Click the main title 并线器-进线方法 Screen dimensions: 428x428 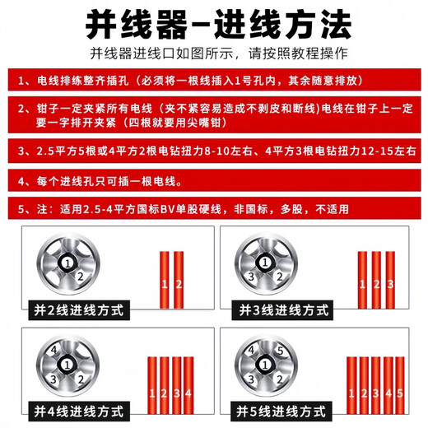[x=214, y=25]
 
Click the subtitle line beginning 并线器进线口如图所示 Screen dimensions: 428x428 [x=214, y=55]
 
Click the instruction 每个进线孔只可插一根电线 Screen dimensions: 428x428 [x=214, y=179]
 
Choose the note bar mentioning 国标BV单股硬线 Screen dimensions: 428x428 [x=214, y=207]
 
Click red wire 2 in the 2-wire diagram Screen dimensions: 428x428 [x=179, y=284]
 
